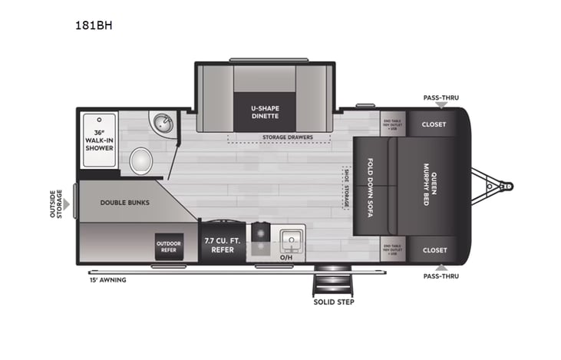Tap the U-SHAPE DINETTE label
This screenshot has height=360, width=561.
point(265,111)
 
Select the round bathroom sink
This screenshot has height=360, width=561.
point(162,124)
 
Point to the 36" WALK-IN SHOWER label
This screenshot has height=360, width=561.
point(99,140)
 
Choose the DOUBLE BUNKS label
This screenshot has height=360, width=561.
point(124,203)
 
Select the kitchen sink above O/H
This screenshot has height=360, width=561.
point(290,239)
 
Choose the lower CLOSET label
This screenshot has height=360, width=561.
point(434,250)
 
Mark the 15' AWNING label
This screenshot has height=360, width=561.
point(107,279)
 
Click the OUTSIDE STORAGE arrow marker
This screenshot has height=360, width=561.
point(67,204)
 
